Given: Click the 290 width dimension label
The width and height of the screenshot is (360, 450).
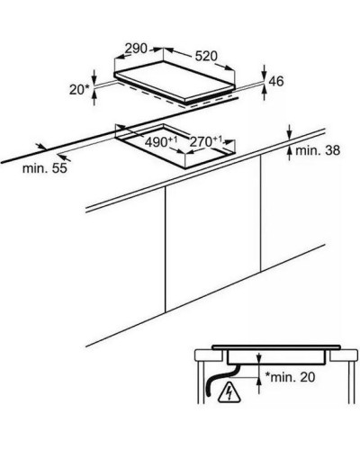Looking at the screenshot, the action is coord(136,49).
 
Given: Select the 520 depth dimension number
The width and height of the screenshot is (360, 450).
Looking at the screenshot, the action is coord(206,56).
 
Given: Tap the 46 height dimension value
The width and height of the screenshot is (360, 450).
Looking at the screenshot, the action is coord(276,81).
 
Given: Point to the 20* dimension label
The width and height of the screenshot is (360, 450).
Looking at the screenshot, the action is coord(79,89).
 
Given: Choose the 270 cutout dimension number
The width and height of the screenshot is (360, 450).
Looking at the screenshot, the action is coord(205,141).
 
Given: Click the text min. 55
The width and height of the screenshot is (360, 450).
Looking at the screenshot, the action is coord(45,168).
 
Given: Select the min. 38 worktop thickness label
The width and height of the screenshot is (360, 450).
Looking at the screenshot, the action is coord(318,150).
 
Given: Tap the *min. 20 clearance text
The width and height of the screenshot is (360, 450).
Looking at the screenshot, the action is coord(290,377).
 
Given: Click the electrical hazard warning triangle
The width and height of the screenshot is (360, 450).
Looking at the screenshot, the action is coord(229,392).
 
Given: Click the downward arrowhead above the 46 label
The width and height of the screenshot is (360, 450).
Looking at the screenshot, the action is coord(264,74).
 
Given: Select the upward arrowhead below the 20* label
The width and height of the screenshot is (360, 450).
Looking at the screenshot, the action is coord(94,94).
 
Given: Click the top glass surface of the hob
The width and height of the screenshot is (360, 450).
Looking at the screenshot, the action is coord(175,80).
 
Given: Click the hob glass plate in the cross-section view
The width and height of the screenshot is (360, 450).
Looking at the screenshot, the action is coord(276,346).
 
